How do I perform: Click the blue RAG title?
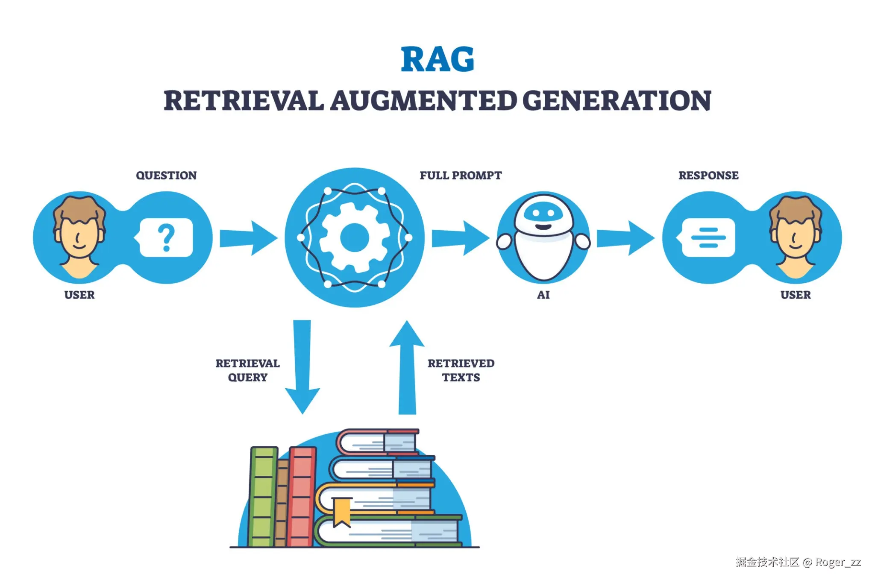click(x=437, y=59)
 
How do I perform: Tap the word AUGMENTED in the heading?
click(x=423, y=101)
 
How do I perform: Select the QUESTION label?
click(x=166, y=176)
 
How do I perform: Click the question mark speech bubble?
click(x=166, y=237)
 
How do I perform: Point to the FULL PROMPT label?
click(x=460, y=176)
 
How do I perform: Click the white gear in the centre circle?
click(x=354, y=237)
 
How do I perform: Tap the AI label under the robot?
click(x=543, y=295)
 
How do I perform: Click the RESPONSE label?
click(x=708, y=176)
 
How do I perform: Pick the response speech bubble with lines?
click(x=708, y=237)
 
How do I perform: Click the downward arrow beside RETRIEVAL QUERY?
click(x=302, y=367)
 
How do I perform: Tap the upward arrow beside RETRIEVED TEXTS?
click(x=407, y=367)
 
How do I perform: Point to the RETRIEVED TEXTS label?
click(x=461, y=370)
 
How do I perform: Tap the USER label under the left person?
click(x=79, y=295)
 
